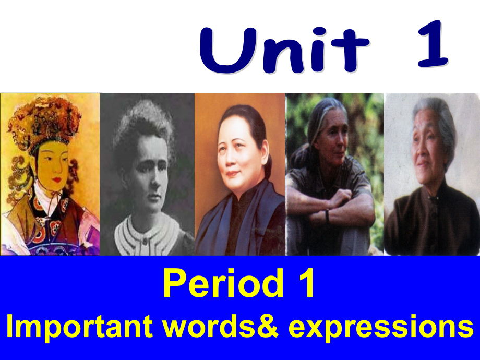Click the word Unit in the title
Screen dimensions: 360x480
coord(284,51)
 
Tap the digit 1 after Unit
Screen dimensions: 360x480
coord(433,46)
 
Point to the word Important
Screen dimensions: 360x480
coord(79,326)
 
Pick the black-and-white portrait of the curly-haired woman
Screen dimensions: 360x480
coord(147,174)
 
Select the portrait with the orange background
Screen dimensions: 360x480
coord(240,174)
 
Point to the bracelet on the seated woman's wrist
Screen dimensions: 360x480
coord(327,215)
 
